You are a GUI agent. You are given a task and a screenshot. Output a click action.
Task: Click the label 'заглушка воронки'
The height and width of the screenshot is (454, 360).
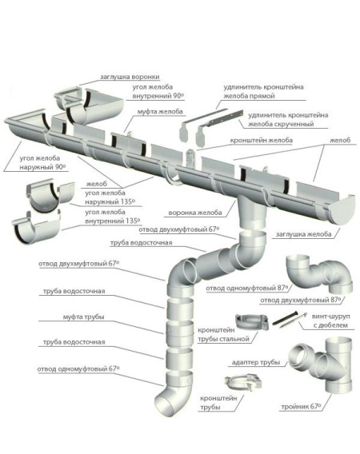tap(130, 77)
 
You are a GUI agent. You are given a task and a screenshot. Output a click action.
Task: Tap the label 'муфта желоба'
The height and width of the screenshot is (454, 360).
tap(160, 111)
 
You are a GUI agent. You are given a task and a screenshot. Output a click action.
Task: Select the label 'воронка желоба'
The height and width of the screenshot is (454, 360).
tap(195, 213)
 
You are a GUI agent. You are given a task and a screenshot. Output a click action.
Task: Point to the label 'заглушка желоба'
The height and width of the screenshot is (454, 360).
tap(303, 234)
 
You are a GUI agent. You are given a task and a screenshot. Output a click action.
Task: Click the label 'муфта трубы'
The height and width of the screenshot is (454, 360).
tap(83, 317)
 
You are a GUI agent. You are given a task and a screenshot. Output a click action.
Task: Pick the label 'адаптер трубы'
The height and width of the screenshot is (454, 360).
tap(256, 363)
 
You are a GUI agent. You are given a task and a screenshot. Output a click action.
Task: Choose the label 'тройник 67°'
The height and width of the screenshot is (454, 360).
tap(301, 407)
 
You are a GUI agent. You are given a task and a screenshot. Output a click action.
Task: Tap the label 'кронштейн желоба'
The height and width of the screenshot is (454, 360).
tap(261, 141)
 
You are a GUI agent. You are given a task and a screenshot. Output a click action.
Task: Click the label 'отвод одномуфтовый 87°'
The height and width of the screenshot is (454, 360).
tap(247, 289)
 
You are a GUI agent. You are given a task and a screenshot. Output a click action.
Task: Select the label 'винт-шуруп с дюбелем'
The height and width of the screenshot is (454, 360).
tap(330, 321)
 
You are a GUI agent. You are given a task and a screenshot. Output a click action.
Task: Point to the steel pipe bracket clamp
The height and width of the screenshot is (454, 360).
tap(251, 322)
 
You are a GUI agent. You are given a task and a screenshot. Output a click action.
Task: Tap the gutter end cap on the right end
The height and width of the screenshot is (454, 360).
tap(342, 210)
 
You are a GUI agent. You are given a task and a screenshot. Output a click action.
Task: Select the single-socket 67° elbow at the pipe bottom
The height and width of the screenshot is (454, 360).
tap(174, 393)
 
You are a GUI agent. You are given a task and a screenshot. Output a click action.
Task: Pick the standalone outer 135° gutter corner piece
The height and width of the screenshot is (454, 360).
tap(50, 195)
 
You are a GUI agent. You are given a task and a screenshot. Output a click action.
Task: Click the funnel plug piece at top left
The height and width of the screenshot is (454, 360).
tap(70, 98)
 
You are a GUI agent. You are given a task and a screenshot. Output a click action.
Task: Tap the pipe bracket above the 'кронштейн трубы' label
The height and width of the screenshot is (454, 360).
tap(243, 383)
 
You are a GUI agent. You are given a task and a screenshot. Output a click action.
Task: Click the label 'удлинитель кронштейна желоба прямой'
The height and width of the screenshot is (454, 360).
tap(263, 91)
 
